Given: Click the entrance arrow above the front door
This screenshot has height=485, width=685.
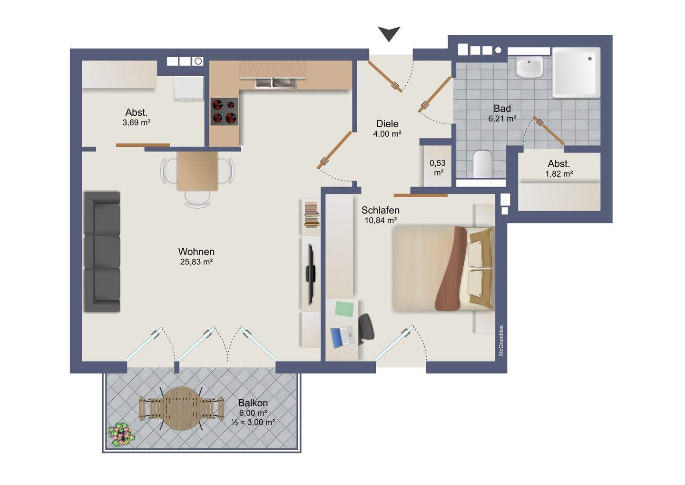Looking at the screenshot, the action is pos(389,33).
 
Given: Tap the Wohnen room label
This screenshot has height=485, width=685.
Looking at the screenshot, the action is pos(196,252).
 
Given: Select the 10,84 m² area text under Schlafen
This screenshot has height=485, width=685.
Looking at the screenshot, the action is pos(381,220).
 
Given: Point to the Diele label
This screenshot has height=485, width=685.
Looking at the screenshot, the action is pos(387,124).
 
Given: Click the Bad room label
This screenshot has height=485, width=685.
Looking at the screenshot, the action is pos(502,109).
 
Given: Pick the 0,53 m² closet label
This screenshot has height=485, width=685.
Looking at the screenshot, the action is pos(438,168).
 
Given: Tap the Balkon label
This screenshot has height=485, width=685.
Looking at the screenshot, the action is pos(253,403).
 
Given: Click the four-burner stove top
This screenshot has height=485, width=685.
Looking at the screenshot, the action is pos(225,111).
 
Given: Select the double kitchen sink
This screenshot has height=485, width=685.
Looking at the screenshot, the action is pos(276,83).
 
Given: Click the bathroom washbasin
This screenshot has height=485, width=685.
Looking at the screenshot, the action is pos(529,66).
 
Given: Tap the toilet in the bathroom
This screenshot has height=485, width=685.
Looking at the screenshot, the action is pos(482,164).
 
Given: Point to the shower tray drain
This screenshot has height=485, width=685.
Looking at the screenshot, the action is pos(590,59).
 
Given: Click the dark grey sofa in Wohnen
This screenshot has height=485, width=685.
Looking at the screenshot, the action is pos(102,252).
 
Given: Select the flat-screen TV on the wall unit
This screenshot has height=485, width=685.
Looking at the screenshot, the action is pos(311,274).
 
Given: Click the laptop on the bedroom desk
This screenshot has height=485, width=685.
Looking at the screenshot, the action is pos(342,337).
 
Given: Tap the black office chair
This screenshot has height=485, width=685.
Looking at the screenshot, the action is pos(366,328).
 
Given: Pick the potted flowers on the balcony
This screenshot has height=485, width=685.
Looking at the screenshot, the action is pos(121,434).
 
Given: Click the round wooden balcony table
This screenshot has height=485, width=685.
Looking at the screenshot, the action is pos(182,409).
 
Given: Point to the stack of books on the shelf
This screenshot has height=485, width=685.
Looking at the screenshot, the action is pos(312,215).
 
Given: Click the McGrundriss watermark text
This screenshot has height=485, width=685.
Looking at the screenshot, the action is pos(501,341).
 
